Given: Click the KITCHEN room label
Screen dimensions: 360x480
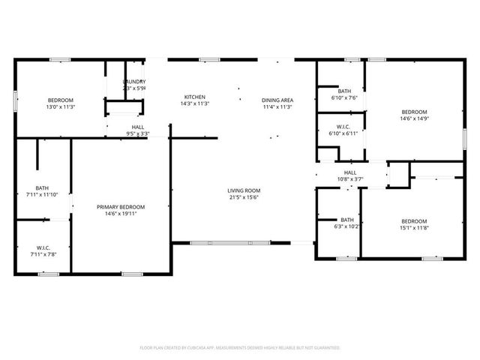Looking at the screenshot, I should (195, 97).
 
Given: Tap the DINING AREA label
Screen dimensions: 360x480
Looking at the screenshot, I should (277, 100).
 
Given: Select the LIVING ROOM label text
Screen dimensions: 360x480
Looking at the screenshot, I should (243, 190).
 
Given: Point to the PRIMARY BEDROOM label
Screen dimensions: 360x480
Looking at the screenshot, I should (120, 207).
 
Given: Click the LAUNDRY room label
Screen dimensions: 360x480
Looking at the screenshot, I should (134, 82).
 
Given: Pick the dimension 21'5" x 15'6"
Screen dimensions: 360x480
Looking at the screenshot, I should (243, 197).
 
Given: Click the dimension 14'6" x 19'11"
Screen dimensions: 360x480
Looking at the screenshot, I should (120, 214).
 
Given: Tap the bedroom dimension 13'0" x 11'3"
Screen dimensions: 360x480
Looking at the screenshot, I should (61, 107).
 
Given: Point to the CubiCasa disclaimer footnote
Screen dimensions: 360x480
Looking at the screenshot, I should (240, 348).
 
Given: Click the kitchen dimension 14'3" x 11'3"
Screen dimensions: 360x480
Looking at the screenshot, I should (195, 104).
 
